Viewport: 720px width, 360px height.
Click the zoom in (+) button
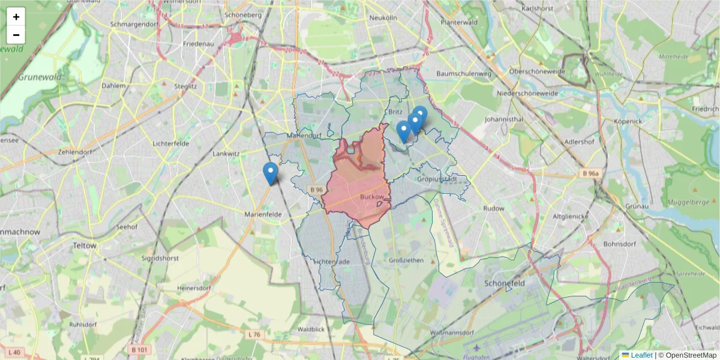[16, 17]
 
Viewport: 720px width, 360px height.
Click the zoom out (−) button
[16, 35]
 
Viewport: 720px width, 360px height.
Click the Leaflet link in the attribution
[641, 355]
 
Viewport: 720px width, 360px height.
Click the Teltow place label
[83, 245]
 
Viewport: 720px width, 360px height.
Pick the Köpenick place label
[628, 121]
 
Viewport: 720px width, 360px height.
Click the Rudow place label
[494, 209]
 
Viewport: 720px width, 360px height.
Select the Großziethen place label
[406, 260]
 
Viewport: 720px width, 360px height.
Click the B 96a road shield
[590, 173]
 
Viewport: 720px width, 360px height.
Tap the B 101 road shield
[139, 349]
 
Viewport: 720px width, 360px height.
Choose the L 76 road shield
[254, 334]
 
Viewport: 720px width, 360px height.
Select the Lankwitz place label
[226, 154]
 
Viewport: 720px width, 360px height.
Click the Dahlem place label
[114, 86]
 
